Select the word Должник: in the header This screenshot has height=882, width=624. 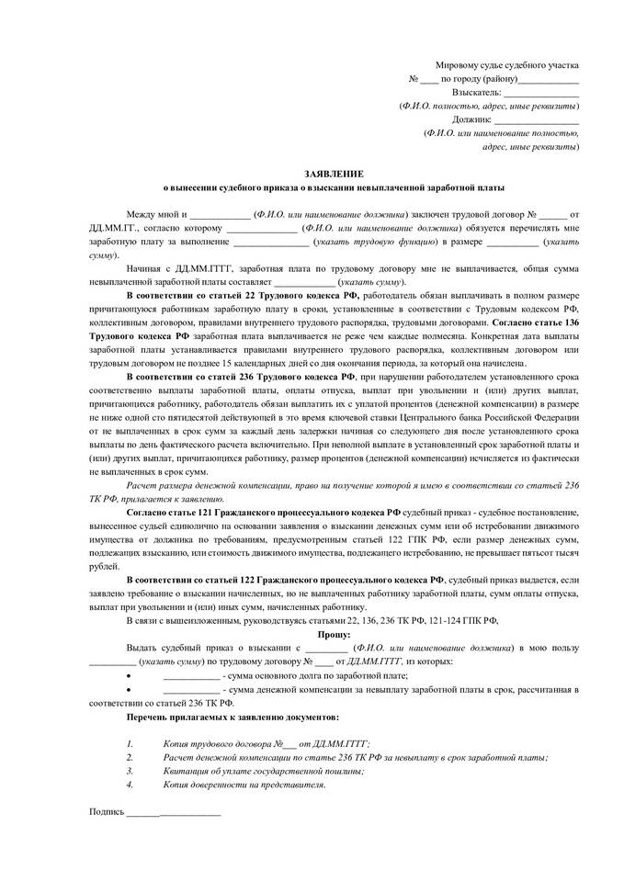(x=471, y=119)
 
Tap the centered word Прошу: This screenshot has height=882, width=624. (x=334, y=634)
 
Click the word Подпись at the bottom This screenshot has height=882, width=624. (x=106, y=811)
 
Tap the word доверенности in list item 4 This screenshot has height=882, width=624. (x=247, y=785)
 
